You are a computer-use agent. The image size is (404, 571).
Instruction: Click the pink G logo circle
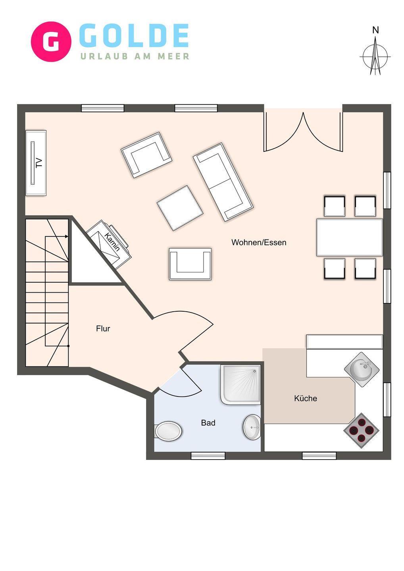51,42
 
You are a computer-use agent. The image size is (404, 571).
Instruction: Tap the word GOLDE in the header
134,36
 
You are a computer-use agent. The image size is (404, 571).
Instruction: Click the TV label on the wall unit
39,163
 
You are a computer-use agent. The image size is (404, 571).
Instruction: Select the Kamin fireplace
109,244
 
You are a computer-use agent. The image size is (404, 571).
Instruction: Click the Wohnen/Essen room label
259,242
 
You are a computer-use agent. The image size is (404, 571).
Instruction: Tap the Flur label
103,329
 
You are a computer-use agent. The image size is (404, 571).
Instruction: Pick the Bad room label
208,423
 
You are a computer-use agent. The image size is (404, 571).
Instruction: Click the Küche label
306,399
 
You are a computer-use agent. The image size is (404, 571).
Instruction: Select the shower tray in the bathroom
241,385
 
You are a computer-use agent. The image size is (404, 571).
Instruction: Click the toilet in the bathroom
168,431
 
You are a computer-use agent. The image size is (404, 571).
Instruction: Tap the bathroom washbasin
252,427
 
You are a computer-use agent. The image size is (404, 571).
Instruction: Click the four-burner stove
362,431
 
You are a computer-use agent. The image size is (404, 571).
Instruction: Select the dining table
349,237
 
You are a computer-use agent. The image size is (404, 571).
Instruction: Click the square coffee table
180,208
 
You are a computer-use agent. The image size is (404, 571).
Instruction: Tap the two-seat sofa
223,182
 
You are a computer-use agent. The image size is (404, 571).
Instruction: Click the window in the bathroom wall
208,456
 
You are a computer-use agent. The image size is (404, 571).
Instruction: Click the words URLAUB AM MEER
135,56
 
